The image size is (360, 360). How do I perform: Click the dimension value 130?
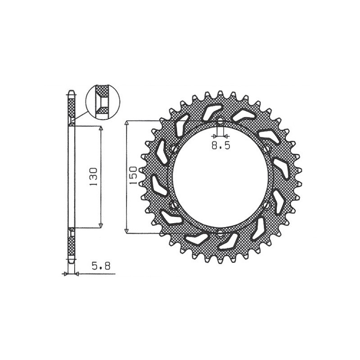tap(94, 177)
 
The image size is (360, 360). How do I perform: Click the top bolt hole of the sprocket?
tap(220, 121)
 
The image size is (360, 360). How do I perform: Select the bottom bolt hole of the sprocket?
tap(220, 233)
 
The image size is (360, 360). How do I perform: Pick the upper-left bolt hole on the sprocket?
tap(174, 149)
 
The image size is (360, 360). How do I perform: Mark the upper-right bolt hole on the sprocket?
tap(266, 149)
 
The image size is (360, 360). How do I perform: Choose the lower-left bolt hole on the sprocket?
tap(174, 205)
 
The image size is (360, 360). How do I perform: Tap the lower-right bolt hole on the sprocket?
tap(266, 205)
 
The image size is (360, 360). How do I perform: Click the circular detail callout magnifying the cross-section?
tap(103, 102)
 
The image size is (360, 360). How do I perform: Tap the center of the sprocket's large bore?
tap(220, 177)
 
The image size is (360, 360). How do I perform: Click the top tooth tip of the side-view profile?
tap(71, 93)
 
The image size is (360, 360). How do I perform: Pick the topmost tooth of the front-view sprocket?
tap(220, 94)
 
